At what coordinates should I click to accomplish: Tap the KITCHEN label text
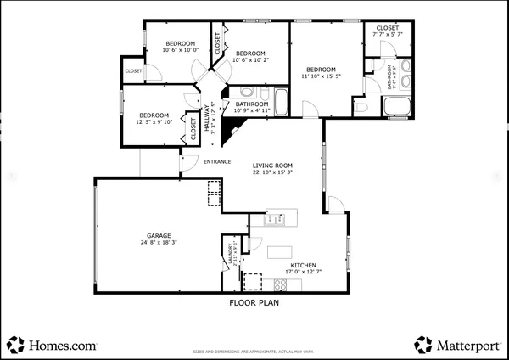click(304, 265)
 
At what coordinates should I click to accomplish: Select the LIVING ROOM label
click(272, 166)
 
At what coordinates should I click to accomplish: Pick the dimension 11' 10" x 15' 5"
click(322, 76)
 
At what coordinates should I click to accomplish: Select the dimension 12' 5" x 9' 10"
click(154, 121)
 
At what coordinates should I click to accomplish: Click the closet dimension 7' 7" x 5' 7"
click(388, 34)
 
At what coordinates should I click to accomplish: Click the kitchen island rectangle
click(279, 252)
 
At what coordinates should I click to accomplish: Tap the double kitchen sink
click(274, 220)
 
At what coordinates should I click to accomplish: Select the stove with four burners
click(252, 280)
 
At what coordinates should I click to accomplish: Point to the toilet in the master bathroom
click(361, 107)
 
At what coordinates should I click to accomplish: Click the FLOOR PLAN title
click(254, 301)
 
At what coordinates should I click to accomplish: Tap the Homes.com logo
click(53, 345)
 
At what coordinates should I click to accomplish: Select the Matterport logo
click(457, 345)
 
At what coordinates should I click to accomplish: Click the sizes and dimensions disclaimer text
click(254, 350)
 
